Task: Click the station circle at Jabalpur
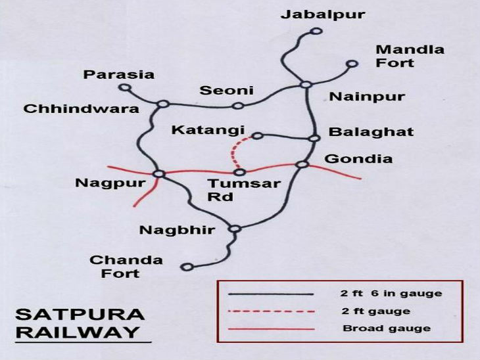[316, 31]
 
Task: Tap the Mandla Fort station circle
[352, 64]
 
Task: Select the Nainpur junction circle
[305, 84]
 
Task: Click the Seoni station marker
[239, 105]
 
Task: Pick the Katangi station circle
[257, 136]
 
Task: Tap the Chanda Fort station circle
[187, 267]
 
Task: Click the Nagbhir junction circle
[235, 229]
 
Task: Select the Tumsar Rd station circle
[240, 172]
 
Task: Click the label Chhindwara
[82, 108]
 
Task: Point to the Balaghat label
[371, 132]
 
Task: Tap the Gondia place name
[358, 158]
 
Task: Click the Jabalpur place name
[322, 14]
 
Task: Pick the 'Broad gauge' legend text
[387, 328]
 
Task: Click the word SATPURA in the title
[73, 313]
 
